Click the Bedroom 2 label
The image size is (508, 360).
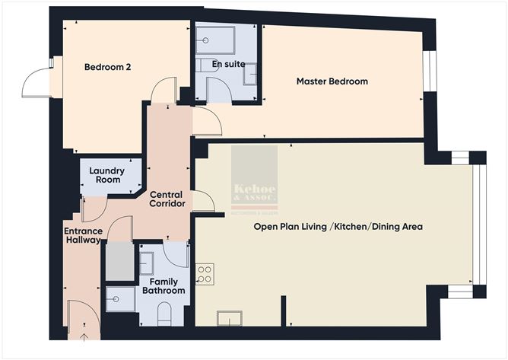pyautogui.click(x=107, y=67)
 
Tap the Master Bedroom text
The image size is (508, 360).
pyautogui.click(x=332, y=81)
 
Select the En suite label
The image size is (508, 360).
pyautogui.click(x=229, y=64)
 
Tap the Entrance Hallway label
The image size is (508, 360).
pyautogui.click(x=83, y=234)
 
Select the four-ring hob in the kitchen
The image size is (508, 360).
pyautogui.click(x=205, y=273)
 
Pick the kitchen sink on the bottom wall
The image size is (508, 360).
pyautogui.click(x=230, y=318)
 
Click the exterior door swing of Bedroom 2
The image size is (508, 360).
pyautogui.click(x=36, y=82)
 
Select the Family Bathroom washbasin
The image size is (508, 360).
pyautogui.click(x=148, y=263)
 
